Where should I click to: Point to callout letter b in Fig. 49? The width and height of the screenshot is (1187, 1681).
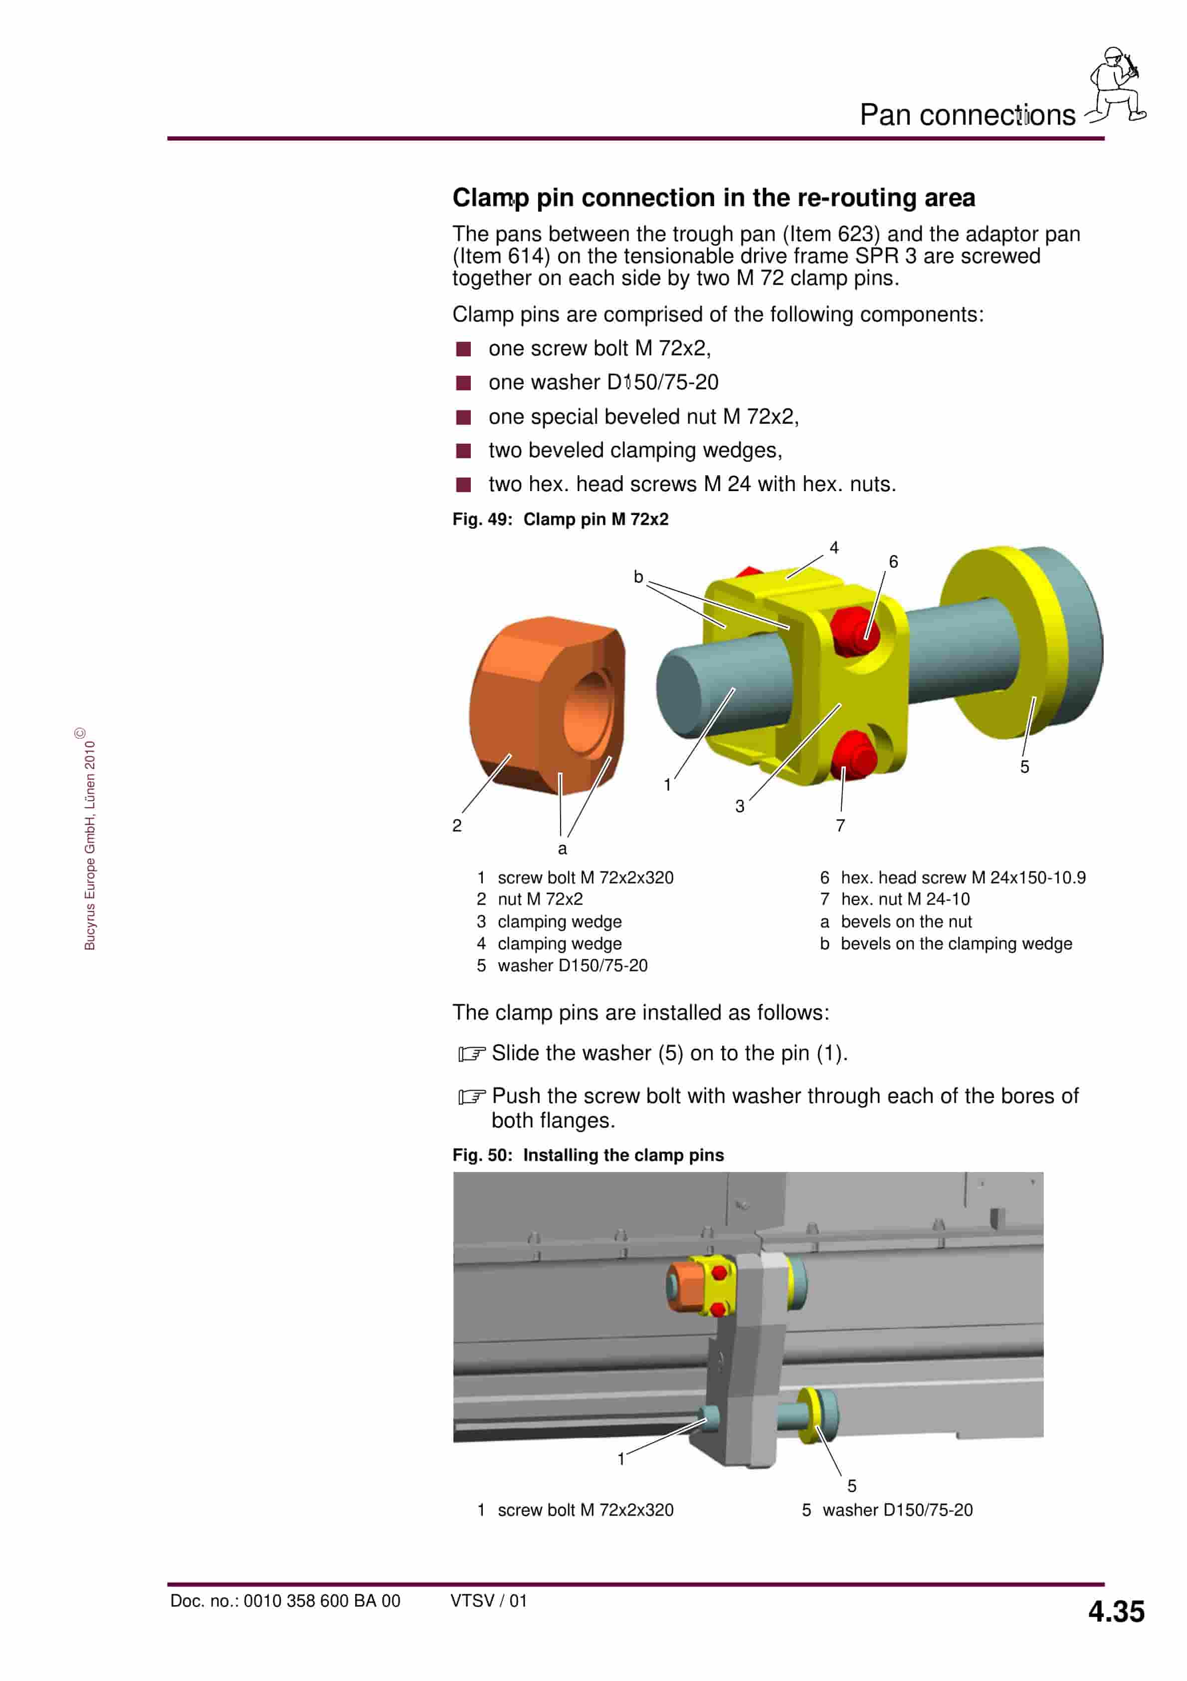coord(638,577)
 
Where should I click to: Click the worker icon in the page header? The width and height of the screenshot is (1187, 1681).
coord(1115,84)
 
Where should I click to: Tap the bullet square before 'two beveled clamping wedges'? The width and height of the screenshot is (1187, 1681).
coord(463,451)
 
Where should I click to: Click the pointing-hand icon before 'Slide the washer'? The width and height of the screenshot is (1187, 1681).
coord(471,1054)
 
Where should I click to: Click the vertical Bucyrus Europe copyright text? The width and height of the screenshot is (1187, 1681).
coord(89,842)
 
